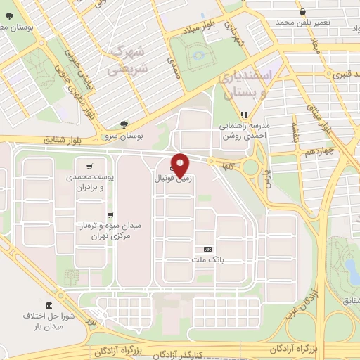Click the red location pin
coord(181,165)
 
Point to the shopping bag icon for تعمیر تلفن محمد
coord(303,12)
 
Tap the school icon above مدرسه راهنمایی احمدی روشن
coord(245,114)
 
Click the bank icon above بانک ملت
coord(207,249)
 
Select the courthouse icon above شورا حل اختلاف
coord(49,306)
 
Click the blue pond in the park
coord(349,268)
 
